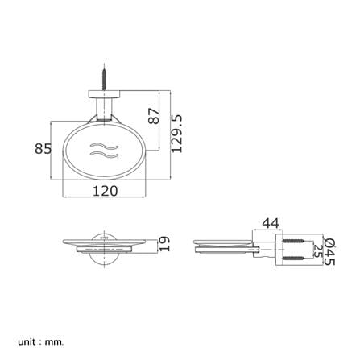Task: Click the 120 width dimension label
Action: pos(106,191)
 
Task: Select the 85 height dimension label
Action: pos(43,148)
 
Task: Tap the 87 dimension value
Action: pos(154,116)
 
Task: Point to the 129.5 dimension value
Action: pos(176,134)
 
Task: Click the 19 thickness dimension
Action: pos(164,244)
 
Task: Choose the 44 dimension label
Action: pos(271,223)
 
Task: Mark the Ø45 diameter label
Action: pos(329,252)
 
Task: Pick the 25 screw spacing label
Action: pos(317,250)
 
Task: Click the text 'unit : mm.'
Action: pos(41,334)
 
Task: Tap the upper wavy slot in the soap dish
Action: pos(104,147)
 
